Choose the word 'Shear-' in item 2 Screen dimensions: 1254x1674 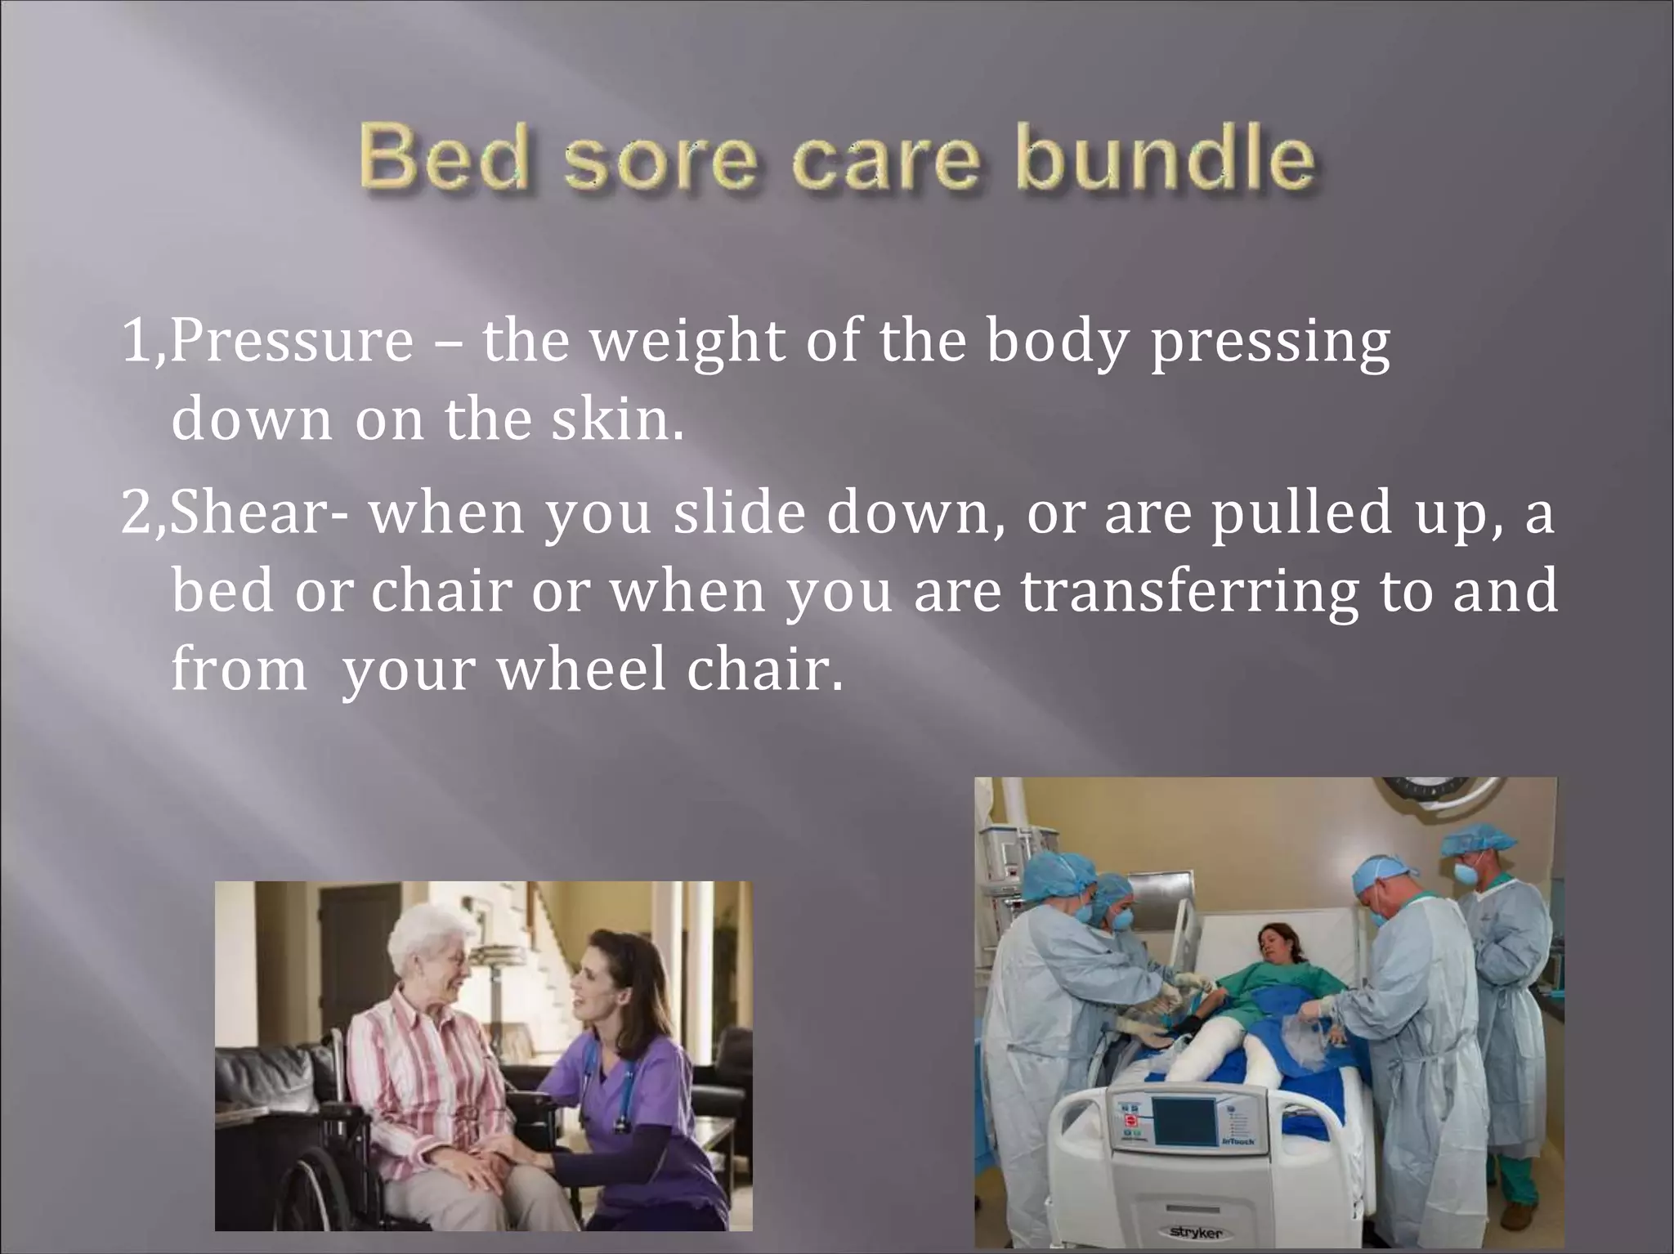tap(262, 513)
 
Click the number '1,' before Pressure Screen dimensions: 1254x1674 tap(142, 343)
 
